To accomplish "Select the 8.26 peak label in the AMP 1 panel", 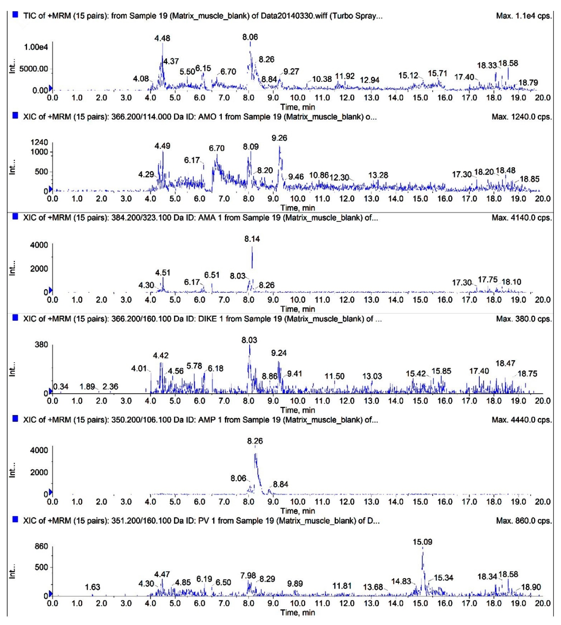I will (255, 441).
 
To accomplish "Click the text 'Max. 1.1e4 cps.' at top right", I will (524, 16).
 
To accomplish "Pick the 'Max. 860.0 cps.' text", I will (524, 521).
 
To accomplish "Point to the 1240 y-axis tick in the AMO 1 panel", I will (39, 142).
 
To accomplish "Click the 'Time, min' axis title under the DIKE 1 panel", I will (297, 410).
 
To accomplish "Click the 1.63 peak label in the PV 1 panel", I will (92, 587).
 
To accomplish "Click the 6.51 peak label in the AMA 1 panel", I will (212, 275).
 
